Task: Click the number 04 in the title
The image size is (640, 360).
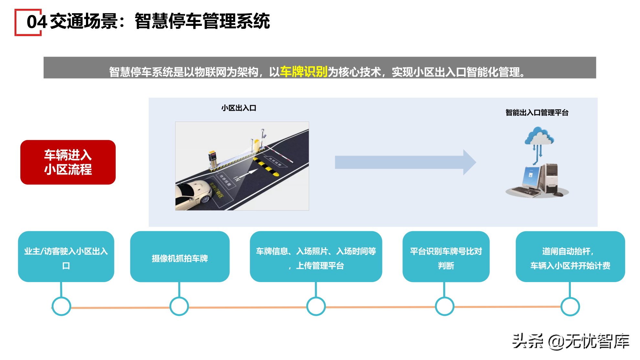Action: (37, 22)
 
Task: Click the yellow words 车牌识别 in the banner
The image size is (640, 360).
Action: (304, 72)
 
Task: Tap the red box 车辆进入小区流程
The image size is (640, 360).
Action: (68, 162)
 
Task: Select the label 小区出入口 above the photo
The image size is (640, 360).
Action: (239, 108)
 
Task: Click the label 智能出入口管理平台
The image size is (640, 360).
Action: (537, 113)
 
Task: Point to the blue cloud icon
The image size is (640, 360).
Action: (539, 136)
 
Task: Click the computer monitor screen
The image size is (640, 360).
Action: (530, 177)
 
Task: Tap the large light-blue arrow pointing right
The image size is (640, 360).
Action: (404, 162)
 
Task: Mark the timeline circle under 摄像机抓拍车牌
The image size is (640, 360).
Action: (179, 306)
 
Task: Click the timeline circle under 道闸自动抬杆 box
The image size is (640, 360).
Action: (570, 307)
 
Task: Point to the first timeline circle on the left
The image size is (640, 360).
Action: (61, 306)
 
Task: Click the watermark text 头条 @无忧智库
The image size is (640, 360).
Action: (571, 341)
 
